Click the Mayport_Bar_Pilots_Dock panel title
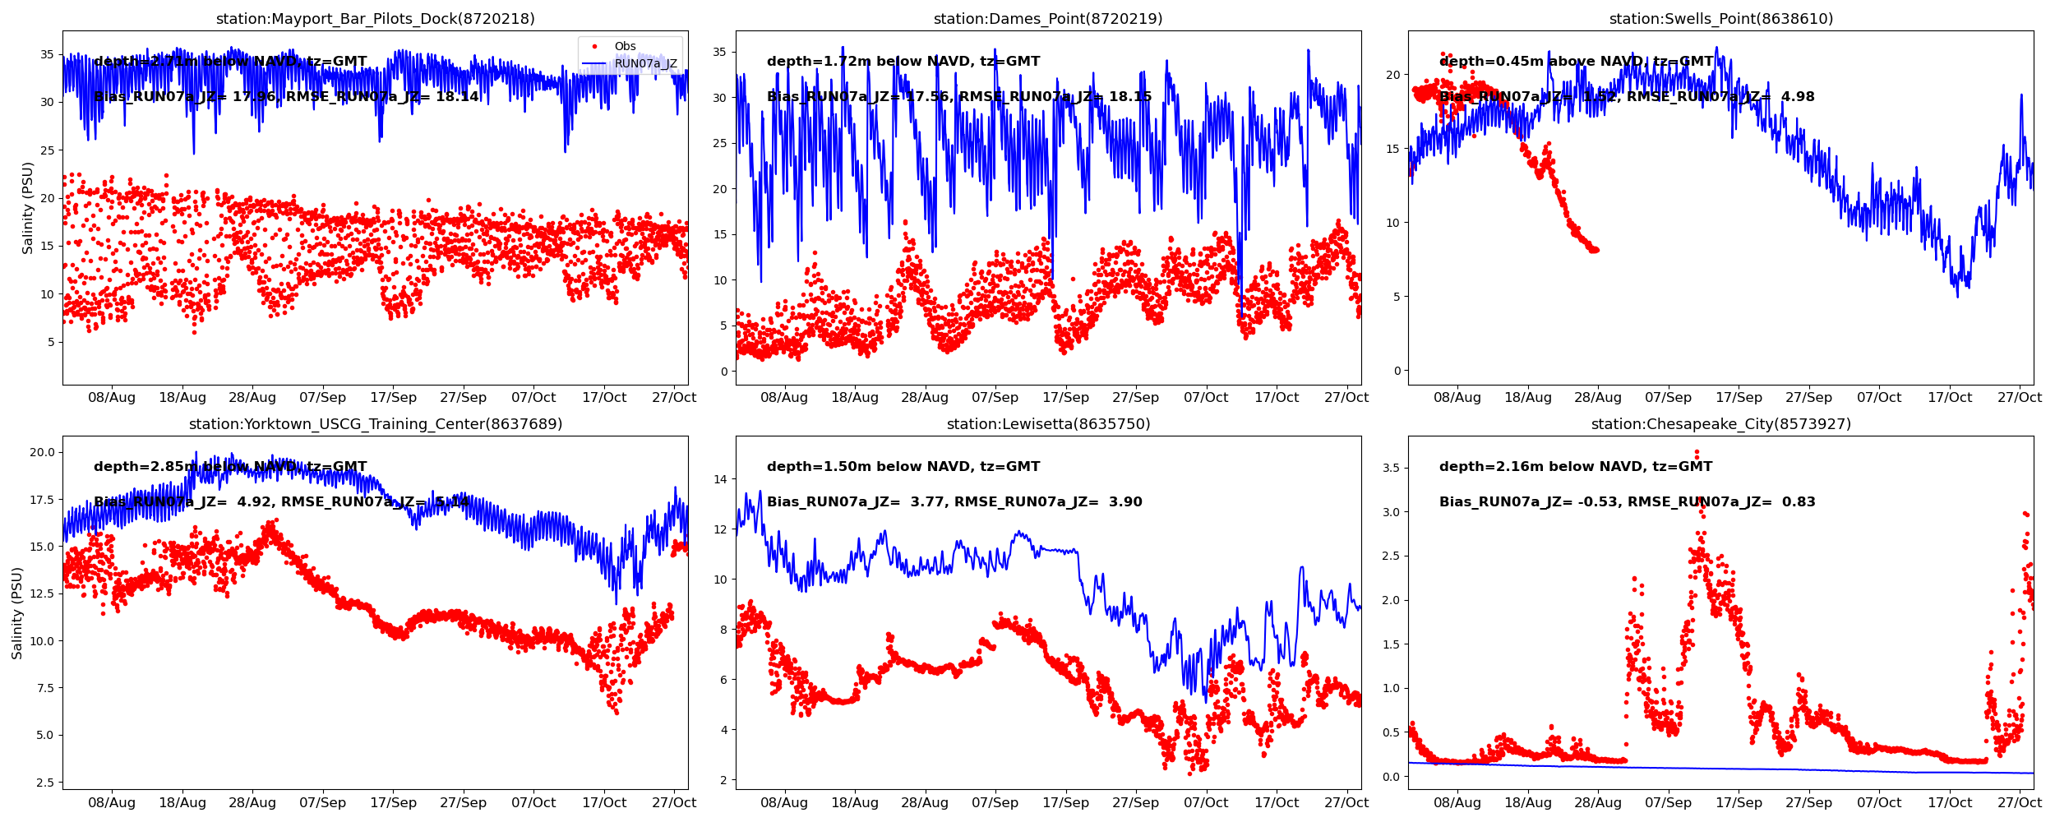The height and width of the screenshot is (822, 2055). [375, 19]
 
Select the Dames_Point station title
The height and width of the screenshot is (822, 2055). [1047, 19]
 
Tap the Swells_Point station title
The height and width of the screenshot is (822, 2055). [1720, 19]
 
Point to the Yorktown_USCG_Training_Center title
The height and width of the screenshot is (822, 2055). [375, 424]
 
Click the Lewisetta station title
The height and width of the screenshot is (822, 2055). [1047, 424]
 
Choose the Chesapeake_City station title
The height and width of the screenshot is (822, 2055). [1720, 424]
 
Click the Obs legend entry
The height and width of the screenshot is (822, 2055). [625, 47]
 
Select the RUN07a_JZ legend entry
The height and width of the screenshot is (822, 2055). [645, 64]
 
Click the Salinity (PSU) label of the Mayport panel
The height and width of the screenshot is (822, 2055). [28, 208]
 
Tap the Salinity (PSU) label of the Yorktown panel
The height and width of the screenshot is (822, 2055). [17, 612]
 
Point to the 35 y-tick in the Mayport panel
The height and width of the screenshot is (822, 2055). [47, 55]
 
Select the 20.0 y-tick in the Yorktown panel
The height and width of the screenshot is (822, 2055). [42, 452]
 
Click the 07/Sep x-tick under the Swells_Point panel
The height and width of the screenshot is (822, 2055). [1668, 398]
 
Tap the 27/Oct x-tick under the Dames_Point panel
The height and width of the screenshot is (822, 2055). [1346, 398]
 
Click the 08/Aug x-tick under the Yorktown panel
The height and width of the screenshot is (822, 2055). [112, 803]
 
